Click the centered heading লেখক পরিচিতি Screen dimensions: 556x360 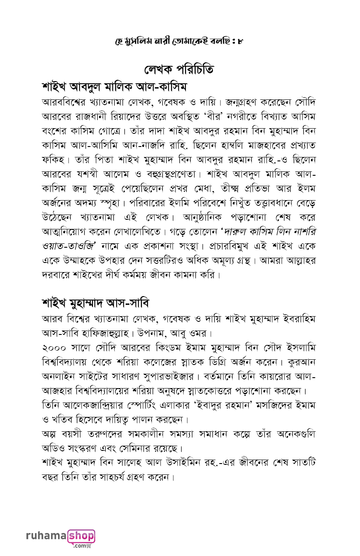(179, 69)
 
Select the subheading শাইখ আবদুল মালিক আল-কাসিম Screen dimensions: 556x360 (114, 86)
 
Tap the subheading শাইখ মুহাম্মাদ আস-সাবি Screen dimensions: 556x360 (96, 302)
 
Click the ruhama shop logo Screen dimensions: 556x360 (60, 538)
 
